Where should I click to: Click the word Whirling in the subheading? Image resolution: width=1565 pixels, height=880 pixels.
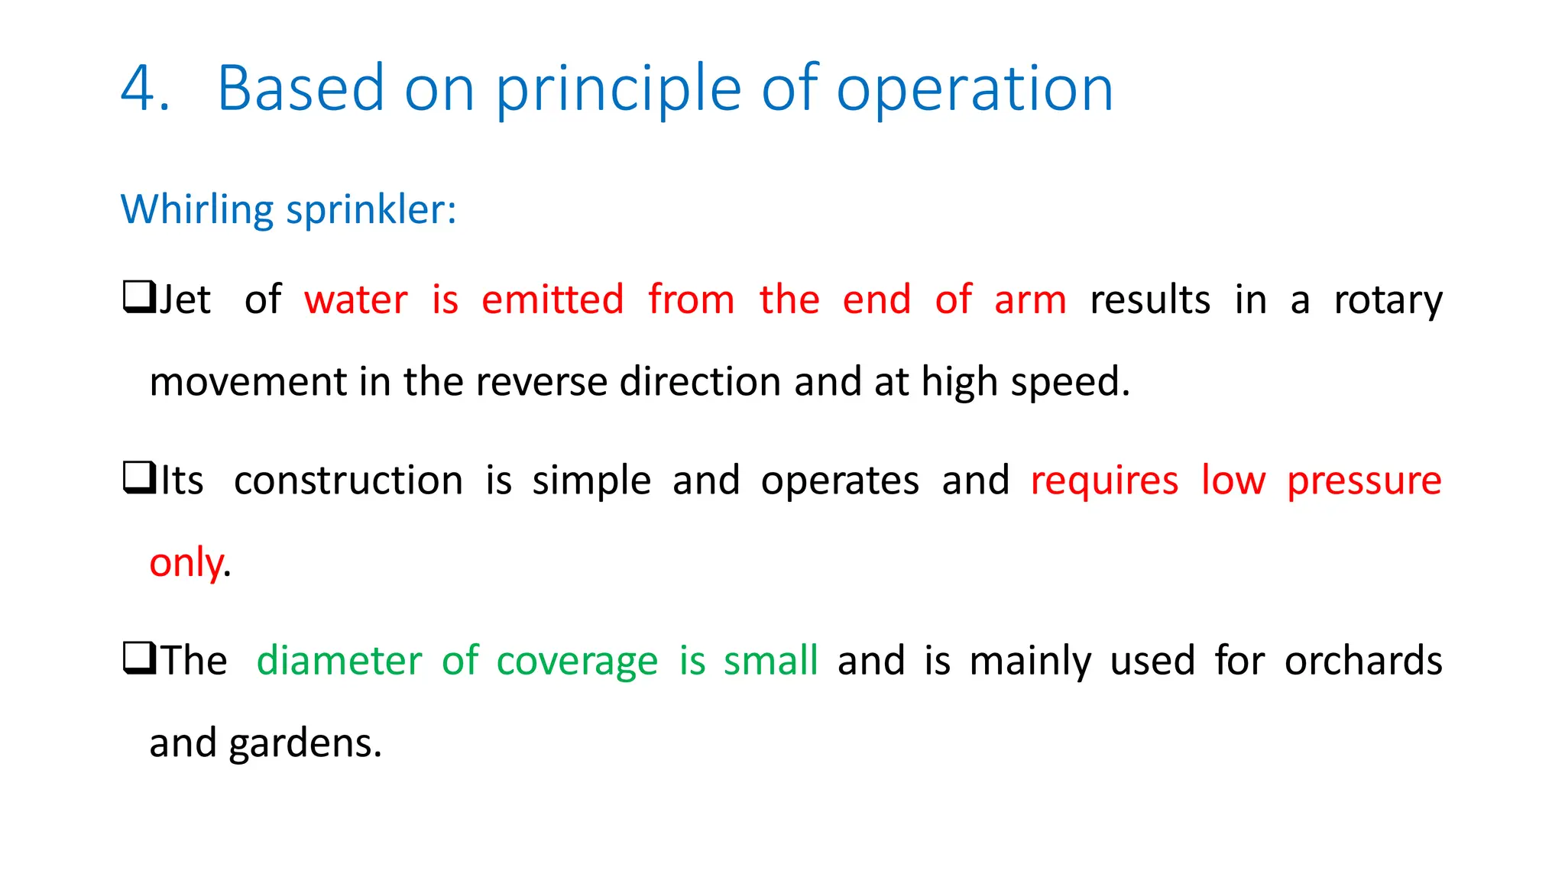coord(196,210)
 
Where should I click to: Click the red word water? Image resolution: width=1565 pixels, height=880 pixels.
coord(355,299)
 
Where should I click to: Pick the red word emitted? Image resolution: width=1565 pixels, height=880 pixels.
coord(552,299)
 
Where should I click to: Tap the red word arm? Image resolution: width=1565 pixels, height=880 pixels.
coord(1030,299)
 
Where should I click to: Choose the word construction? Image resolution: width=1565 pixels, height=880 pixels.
coord(348,481)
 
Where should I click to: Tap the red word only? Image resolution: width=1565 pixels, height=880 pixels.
coord(186,564)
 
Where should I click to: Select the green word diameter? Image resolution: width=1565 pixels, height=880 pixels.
coord(339,661)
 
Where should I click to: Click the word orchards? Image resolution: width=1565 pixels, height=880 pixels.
coord(1363,661)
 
